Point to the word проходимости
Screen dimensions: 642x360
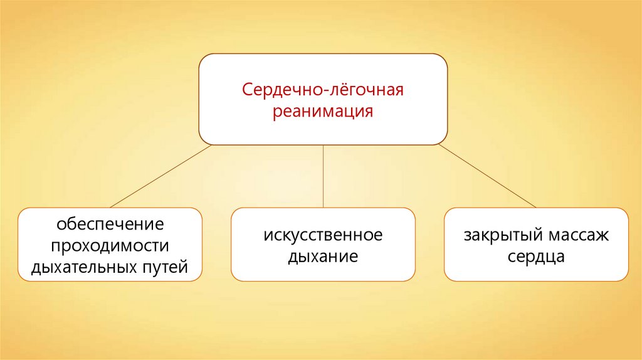(110, 246)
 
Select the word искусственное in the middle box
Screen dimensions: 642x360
(323, 236)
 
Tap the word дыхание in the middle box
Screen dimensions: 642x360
(323, 257)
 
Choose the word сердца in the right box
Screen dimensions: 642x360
(536, 257)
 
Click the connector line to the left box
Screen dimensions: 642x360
(160, 176)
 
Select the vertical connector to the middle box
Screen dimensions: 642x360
(323, 176)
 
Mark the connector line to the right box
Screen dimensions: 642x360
(487, 176)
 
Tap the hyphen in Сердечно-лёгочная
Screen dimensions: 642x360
(322, 90)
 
